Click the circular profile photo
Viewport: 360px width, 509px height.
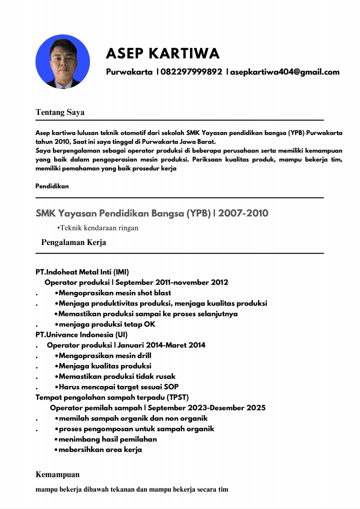coord(62,61)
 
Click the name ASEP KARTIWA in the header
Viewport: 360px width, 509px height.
coord(162,53)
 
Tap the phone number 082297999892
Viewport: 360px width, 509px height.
coord(191,72)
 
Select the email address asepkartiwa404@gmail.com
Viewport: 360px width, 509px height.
coord(284,72)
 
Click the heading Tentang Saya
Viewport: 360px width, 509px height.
coord(60,112)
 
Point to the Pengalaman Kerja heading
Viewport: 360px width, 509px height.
coord(73,242)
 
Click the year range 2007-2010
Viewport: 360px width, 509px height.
coord(244,213)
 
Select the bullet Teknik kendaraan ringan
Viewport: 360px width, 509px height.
coord(98,228)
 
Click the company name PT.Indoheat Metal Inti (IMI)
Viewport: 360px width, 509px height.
coord(82,272)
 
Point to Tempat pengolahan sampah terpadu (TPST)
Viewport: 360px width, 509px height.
coord(112,397)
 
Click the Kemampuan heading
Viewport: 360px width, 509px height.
coord(57,474)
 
